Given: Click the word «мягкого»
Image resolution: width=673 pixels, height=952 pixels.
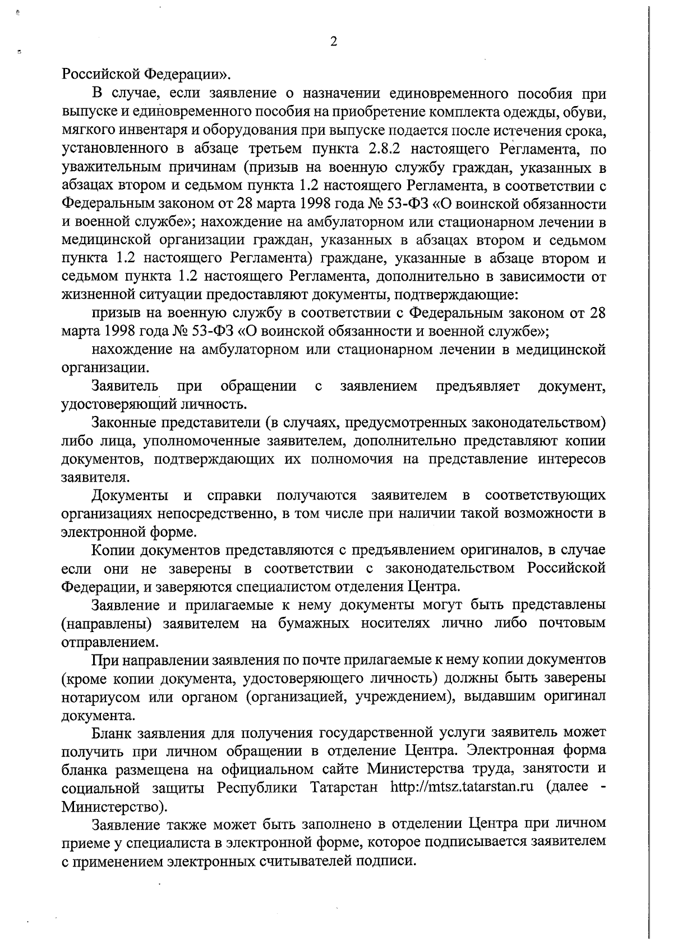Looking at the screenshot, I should [x=84, y=132].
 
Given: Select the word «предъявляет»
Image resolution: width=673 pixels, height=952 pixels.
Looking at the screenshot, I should [x=477, y=386].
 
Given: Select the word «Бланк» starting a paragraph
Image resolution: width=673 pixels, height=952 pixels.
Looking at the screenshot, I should [x=111, y=733].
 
